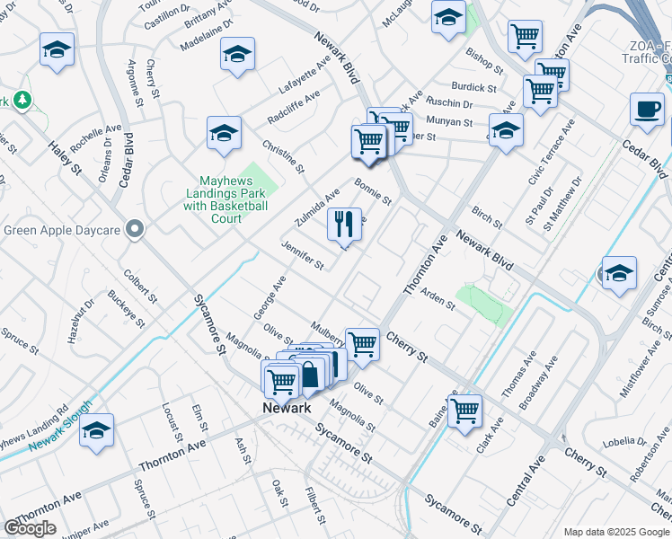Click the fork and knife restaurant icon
click(x=344, y=225)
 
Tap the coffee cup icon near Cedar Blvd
click(x=647, y=110)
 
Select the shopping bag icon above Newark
click(x=310, y=376)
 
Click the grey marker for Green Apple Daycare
click(x=136, y=230)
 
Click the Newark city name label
click(x=286, y=408)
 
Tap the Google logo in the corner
click(x=30, y=528)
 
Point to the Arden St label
click(x=438, y=298)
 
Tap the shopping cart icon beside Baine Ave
click(x=464, y=411)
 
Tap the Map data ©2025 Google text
click(x=615, y=531)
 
